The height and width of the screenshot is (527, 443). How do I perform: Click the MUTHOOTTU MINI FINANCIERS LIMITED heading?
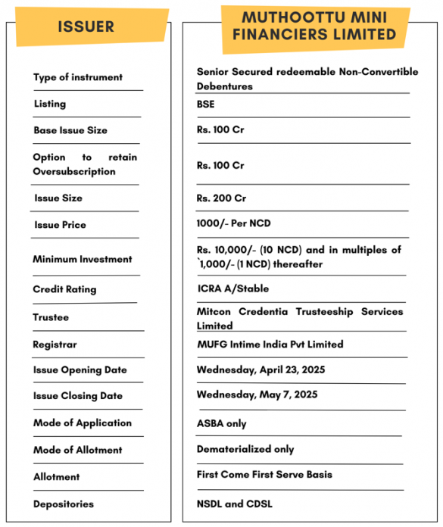(x=319, y=27)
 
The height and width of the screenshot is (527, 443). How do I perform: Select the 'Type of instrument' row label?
(x=78, y=77)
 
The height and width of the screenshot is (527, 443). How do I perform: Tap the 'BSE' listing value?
(x=205, y=104)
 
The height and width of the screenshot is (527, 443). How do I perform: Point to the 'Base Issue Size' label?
(x=70, y=130)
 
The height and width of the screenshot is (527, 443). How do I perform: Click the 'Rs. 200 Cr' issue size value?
(x=221, y=198)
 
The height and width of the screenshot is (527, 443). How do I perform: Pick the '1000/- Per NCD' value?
(x=233, y=224)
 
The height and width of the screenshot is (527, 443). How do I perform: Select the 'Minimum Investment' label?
(x=83, y=259)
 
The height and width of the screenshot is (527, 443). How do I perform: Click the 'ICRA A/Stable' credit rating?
(x=232, y=288)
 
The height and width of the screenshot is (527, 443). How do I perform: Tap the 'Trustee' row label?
(x=51, y=317)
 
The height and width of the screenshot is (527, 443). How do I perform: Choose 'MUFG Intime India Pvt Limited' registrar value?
(x=270, y=345)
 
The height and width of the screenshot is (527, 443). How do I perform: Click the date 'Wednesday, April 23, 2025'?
(x=261, y=370)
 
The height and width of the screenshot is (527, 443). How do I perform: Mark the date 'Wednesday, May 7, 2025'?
(x=257, y=394)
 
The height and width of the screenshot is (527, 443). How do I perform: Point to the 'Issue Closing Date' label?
(x=78, y=396)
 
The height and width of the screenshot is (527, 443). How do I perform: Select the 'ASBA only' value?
(x=221, y=423)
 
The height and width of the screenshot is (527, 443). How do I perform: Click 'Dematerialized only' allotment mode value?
(x=245, y=449)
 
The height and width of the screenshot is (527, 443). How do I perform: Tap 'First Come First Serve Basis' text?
(x=264, y=475)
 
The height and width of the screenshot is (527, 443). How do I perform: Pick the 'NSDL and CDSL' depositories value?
(x=234, y=504)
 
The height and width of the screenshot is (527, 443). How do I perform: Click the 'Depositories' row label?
(x=64, y=504)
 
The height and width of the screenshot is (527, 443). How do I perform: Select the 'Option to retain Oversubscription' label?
(x=85, y=164)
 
